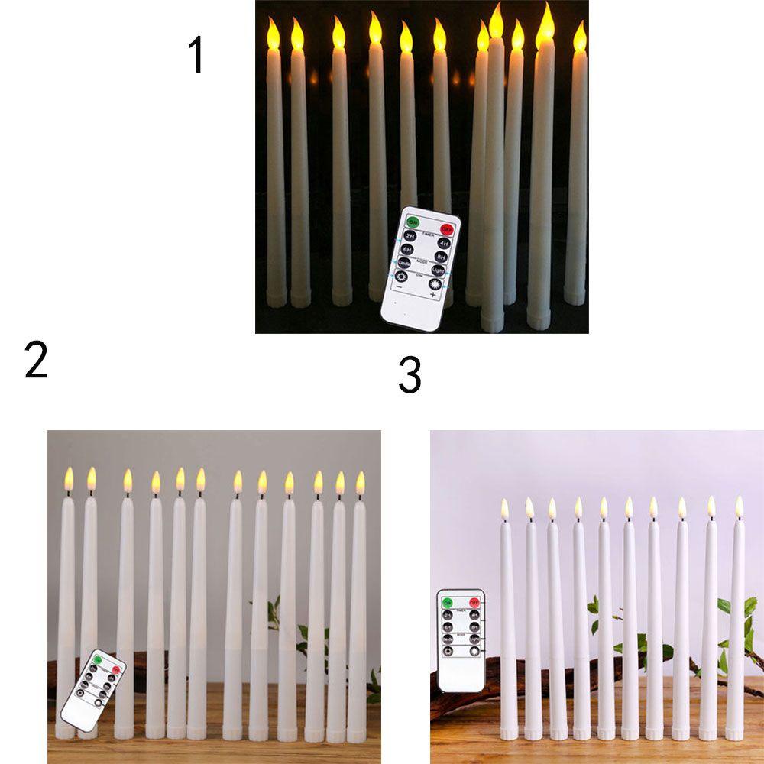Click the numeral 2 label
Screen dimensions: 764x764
tap(36, 361)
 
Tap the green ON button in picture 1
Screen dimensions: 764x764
tap(413, 222)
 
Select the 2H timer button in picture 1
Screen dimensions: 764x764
tap(410, 236)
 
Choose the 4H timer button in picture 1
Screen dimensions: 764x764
tap(443, 243)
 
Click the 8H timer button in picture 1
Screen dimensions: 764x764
tap(440, 257)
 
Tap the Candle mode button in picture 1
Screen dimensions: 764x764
tap(405, 262)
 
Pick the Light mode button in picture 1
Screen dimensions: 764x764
tap(438, 271)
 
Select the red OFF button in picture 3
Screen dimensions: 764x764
tap(474, 601)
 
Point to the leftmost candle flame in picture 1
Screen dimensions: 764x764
tap(274, 34)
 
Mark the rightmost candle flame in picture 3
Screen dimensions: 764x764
tap(739, 507)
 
